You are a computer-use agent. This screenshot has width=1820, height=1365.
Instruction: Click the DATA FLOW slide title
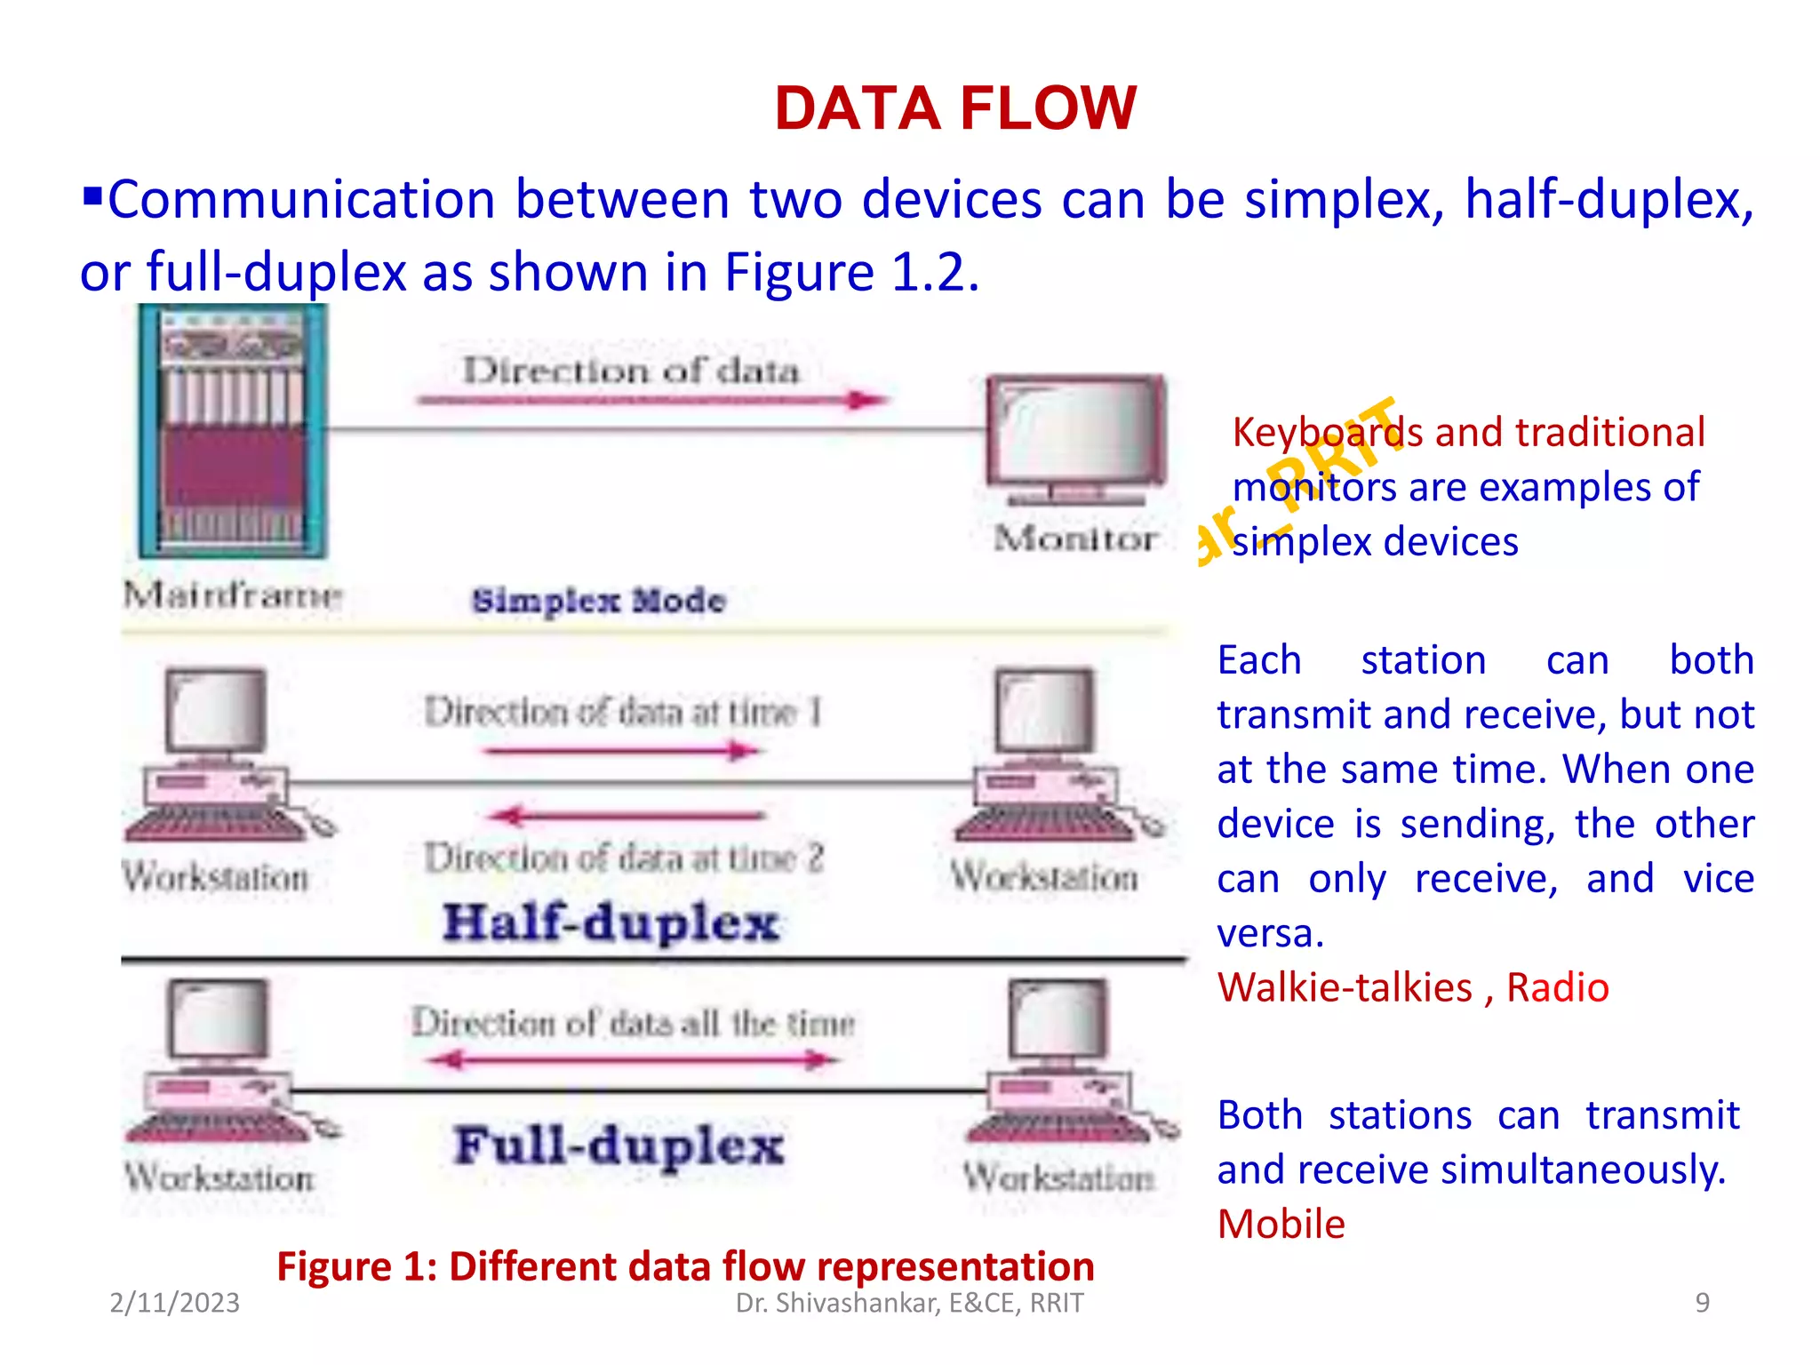coord(955,108)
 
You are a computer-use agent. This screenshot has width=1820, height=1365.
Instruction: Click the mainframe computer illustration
coord(233,432)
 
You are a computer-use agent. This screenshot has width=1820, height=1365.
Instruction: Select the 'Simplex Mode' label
coord(598,601)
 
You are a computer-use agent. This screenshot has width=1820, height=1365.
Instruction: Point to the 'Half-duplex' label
coord(611,922)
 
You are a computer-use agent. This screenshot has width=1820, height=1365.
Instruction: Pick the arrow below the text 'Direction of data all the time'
coord(633,1059)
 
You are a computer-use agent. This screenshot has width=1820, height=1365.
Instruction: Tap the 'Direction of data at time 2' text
coord(624,858)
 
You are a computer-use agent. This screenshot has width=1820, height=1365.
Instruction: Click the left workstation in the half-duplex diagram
coord(218,755)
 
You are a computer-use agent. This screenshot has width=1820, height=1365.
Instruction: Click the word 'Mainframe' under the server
coord(233,595)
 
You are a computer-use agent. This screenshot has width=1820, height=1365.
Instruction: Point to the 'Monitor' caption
coord(1075,539)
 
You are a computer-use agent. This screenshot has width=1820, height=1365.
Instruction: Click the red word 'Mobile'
coord(1281,1225)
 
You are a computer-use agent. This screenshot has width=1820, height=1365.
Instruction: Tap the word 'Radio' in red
coord(1557,988)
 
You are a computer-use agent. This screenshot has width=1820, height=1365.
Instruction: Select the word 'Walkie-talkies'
coord(1345,988)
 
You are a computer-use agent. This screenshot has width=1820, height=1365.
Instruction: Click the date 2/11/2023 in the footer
coord(174,1303)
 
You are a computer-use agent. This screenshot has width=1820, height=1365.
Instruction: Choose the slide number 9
coord(1702,1303)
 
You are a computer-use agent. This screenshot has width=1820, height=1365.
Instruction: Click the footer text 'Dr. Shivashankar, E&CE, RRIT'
coord(909,1303)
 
